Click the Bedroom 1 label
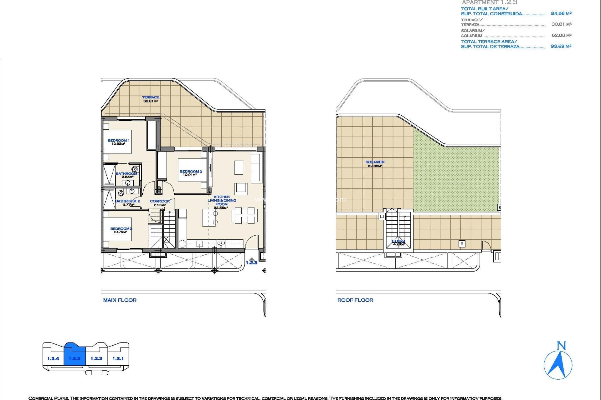pos(118,140)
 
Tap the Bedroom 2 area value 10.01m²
pos(190,175)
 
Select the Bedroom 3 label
pos(121,228)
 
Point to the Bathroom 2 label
pos(128,201)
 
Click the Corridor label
pos(160,201)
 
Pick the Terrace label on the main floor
pos(151,97)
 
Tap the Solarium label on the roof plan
pos(375,162)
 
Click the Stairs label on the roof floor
pos(398,241)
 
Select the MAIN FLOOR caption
pos(120,300)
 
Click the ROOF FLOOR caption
pos(355,300)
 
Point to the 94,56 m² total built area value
pos(561,13)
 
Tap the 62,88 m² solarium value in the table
pos(561,35)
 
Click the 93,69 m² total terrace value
pos(561,46)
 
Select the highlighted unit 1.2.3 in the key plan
pos(74,358)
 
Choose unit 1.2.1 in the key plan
pos(118,358)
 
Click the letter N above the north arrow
pos(561,346)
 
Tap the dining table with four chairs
pos(244,215)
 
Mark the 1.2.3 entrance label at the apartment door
pos(251,262)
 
